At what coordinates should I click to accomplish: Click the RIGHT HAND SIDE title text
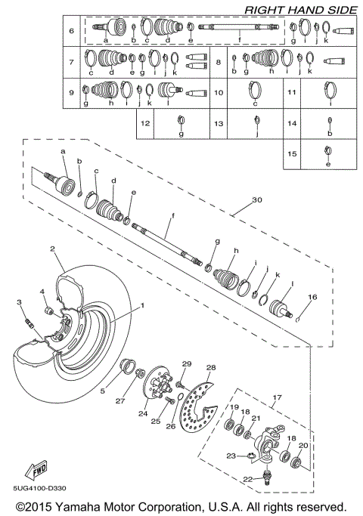pos(299,9)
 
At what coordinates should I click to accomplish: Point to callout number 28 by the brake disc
pos(211,367)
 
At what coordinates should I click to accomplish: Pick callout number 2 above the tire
pos(53,249)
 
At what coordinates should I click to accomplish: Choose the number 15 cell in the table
pos(292,152)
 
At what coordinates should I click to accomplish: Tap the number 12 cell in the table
pos(145,122)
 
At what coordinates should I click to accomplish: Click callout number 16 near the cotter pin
pos(312,298)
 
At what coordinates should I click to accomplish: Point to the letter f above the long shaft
pos(172,216)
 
